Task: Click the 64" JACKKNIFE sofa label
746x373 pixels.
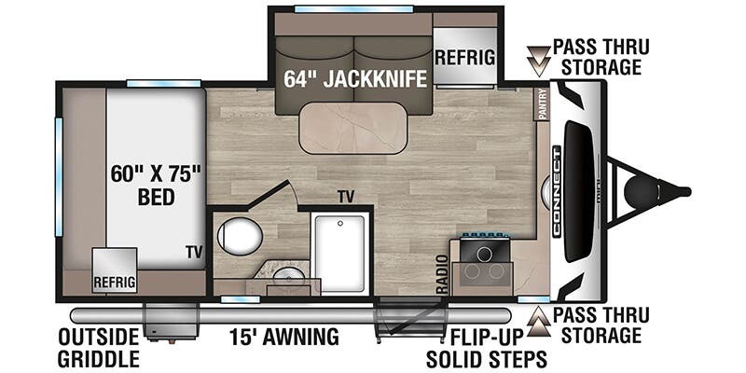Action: pos(355,79)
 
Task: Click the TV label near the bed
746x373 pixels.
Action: pos(193,252)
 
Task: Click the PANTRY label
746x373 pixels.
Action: pos(542,104)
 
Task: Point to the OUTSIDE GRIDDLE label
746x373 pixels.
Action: pos(98,346)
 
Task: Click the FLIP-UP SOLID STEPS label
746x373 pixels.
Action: pos(486,346)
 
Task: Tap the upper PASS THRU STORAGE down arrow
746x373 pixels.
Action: pos(536,58)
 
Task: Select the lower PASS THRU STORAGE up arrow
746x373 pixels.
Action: pos(536,325)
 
